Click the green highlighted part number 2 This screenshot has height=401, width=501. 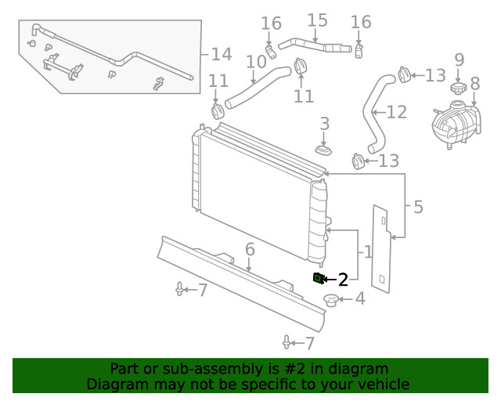pyautogui.click(x=318, y=278)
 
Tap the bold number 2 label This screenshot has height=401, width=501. pyautogui.click(x=342, y=280)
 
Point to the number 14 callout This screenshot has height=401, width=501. pyautogui.click(x=222, y=54)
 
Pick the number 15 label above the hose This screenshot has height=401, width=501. pyautogui.click(x=317, y=20)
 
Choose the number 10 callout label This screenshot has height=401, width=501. pyautogui.click(x=256, y=61)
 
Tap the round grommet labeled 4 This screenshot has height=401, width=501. pyautogui.click(x=331, y=300)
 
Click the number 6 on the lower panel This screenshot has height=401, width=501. pyautogui.click(x=250, y=250)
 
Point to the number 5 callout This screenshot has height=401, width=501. pyautogui.click(x=417, y=207)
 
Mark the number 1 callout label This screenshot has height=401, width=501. pyautogui.click(x=367, y=252)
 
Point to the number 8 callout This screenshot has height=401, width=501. pyautogui.click(x=474, y=83)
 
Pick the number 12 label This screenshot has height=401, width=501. pyautogui.click(x=397, y=112)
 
